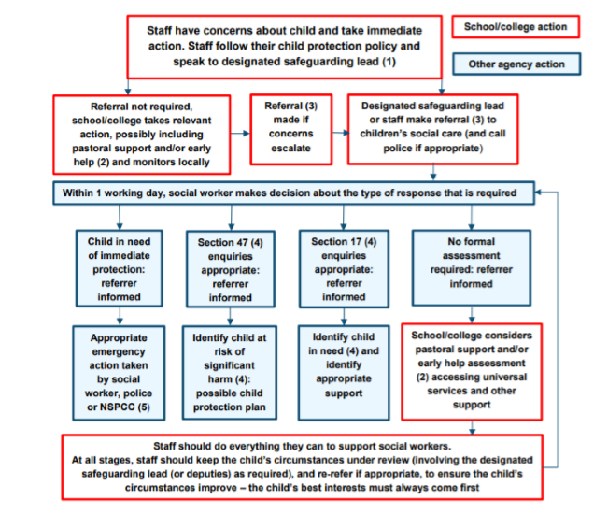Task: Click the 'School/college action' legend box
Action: [x=516, y=26]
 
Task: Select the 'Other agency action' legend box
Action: [x=516, y=64]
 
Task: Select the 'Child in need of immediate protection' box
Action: [x=120, y=268]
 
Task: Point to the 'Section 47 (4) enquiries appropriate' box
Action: [x=229, y=268]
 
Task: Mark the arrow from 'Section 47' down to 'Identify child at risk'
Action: [x=230, y=314]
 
